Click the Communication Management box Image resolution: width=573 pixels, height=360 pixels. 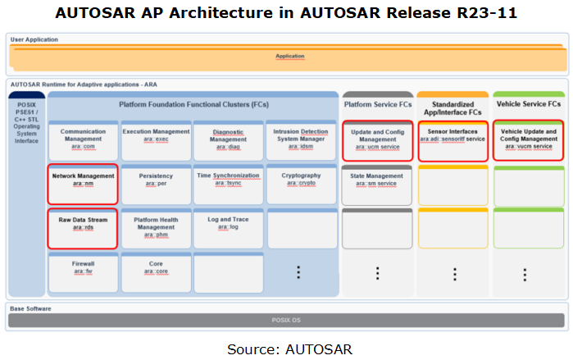click(83, 140)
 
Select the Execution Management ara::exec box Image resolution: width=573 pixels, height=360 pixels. click(156, 140)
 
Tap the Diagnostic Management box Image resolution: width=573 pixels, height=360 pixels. click(228, 140)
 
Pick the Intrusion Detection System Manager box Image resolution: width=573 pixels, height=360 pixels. click(301, 140)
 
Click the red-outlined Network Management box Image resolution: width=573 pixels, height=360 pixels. click(83, 184)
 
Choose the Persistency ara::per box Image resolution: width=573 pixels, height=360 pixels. click(156, 184)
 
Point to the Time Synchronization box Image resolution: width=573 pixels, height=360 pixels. click(228, 184)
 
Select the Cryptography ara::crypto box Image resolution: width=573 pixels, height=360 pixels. click(301, 184)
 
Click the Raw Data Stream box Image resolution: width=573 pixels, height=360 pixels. click(83, 228)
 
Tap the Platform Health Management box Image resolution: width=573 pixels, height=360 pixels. click(156, 228)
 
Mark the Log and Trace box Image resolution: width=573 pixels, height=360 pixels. click(228, 228)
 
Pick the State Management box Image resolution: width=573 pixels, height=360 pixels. click(378, 184)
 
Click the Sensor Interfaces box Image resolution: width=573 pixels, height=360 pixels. click(452, 140)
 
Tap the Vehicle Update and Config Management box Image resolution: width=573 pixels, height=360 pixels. click(528, 140)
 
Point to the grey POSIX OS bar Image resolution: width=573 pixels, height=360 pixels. click(286, 320)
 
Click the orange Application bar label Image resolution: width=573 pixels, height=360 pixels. click(289, 57)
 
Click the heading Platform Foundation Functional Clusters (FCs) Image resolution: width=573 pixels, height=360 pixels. click(193, 105)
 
